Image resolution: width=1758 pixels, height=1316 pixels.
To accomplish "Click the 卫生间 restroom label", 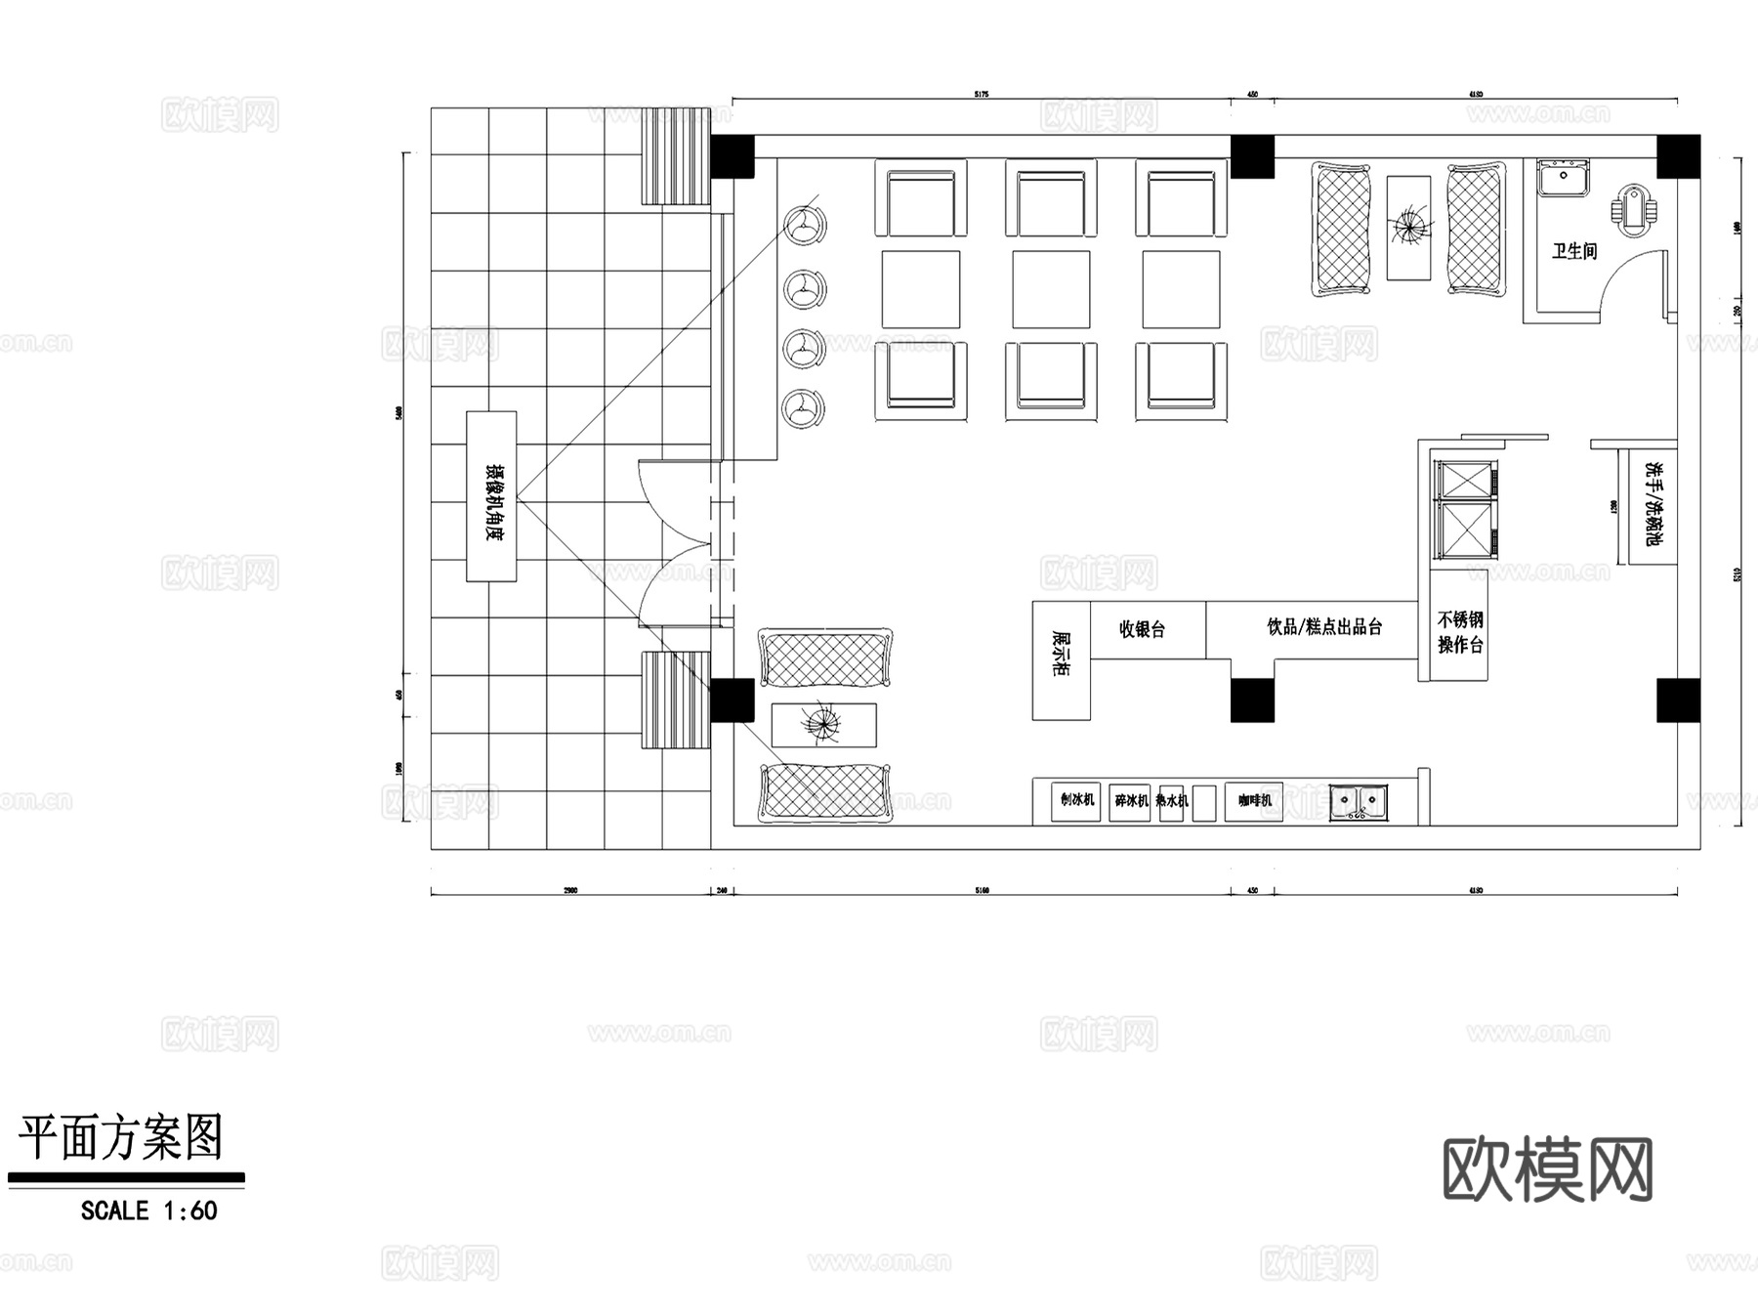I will point(1574,251).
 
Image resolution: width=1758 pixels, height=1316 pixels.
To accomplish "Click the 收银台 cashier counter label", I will point(1142,629).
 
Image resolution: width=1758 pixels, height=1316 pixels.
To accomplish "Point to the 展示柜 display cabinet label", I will point(1061,654).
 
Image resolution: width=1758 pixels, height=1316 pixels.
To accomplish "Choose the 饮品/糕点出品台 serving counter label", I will point(1324,627).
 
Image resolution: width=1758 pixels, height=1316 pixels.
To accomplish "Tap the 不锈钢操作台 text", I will point(1460,632).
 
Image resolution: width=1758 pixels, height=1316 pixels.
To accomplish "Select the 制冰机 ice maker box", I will point(1076,800).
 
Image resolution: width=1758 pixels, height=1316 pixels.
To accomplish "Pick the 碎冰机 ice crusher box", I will point(1130,801).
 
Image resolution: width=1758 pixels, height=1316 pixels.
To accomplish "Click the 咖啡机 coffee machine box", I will point(1254,800).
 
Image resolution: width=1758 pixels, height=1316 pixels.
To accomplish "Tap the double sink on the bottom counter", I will point(1359,801).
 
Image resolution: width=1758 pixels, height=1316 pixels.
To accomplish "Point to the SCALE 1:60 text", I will point(148,1211).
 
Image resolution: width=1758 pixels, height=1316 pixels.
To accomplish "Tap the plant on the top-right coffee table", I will point(1408,227).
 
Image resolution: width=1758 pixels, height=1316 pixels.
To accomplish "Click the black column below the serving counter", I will point(1252,700).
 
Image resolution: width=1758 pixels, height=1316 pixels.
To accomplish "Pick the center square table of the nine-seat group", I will point(1051,289).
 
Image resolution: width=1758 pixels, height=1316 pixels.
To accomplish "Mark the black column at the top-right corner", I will point(1678,156).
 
